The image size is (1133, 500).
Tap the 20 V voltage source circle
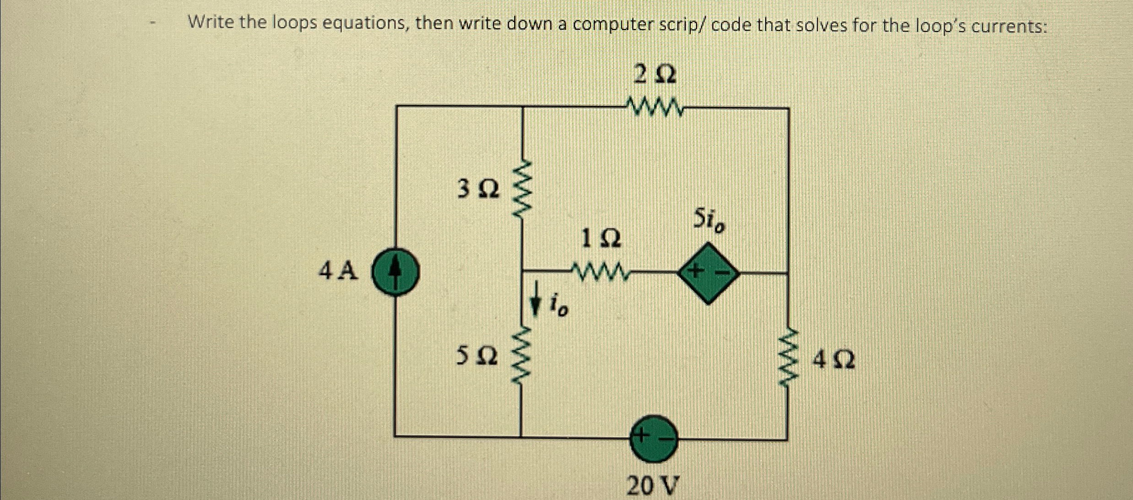click(x=653, y=438)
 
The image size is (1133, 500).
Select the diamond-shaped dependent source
click(x=708, y=273)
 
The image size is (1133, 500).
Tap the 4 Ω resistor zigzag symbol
click(x=788, y=359)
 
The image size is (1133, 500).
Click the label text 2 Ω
click(x=655, y=75)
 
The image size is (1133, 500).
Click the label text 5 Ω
click(x=477, y=356)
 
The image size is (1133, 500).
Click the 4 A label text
click(x=338, y=271)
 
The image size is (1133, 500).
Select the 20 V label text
click(x=653, y=486)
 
